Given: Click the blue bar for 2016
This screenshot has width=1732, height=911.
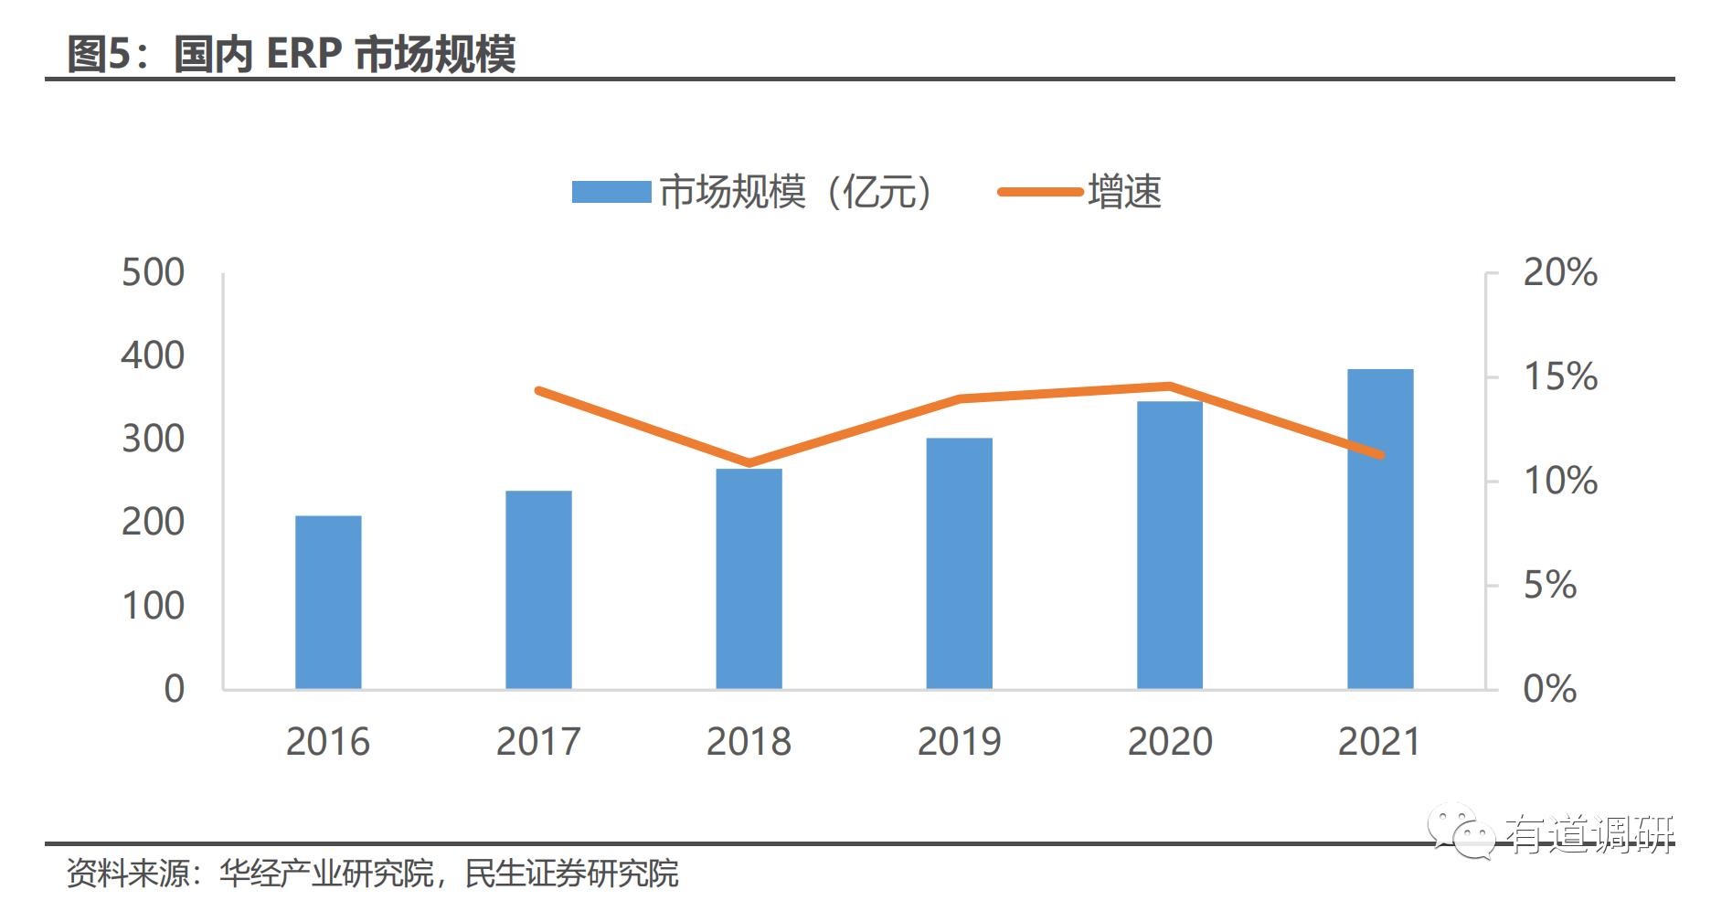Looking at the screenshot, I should (x=328, y=602).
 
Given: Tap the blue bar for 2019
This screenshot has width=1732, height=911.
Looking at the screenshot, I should (x=959, y=563).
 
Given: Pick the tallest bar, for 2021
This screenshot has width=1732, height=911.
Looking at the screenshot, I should (x=1380, y=529).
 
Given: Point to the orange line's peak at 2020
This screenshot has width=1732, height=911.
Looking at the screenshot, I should (x=1169, y=386).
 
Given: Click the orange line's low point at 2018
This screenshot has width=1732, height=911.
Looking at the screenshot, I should (x=749, y=462).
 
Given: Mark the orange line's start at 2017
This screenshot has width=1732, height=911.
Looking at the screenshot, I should (x=538, y=391).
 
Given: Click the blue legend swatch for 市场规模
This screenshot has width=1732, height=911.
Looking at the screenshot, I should (x=611, y=192).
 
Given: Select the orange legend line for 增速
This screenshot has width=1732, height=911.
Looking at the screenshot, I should (x=1039, y=192).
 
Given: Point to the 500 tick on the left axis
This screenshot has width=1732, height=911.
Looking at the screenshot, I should (x=153, y=272).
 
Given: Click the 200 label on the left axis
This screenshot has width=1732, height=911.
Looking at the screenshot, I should (x=153, y=522).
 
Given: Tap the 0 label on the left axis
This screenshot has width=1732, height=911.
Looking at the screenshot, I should (x=174, y=688).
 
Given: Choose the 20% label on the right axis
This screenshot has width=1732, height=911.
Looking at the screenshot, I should (x=1560, y=272).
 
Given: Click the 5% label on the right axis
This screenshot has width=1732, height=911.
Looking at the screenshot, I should (x=1550, y=585).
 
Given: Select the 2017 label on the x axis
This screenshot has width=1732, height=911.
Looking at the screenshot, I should (x=538, y=741).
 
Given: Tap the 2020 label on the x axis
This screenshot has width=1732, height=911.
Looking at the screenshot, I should (x=1170, y=741).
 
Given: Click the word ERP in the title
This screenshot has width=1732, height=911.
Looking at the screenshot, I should (x=304, y=54).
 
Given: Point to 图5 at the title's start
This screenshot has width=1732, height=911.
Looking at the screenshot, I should (x=100, y=54).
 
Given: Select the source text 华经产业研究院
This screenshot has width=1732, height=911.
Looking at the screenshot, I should (x=326, y=874).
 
